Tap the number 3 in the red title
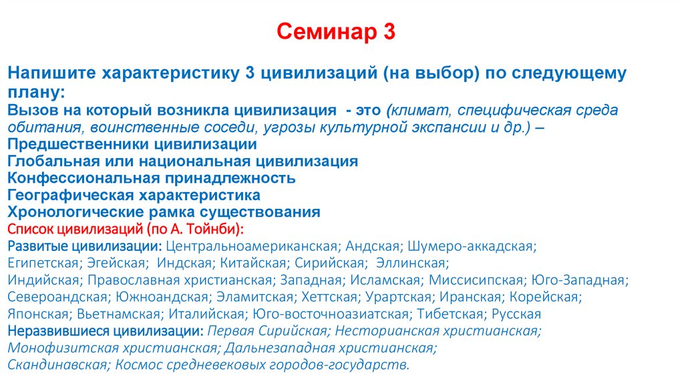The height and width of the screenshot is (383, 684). [388, 31]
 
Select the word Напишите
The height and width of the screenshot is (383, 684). [51, 73]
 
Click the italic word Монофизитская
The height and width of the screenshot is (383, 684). [53, 348]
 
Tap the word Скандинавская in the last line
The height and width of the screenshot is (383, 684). [57, 365]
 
